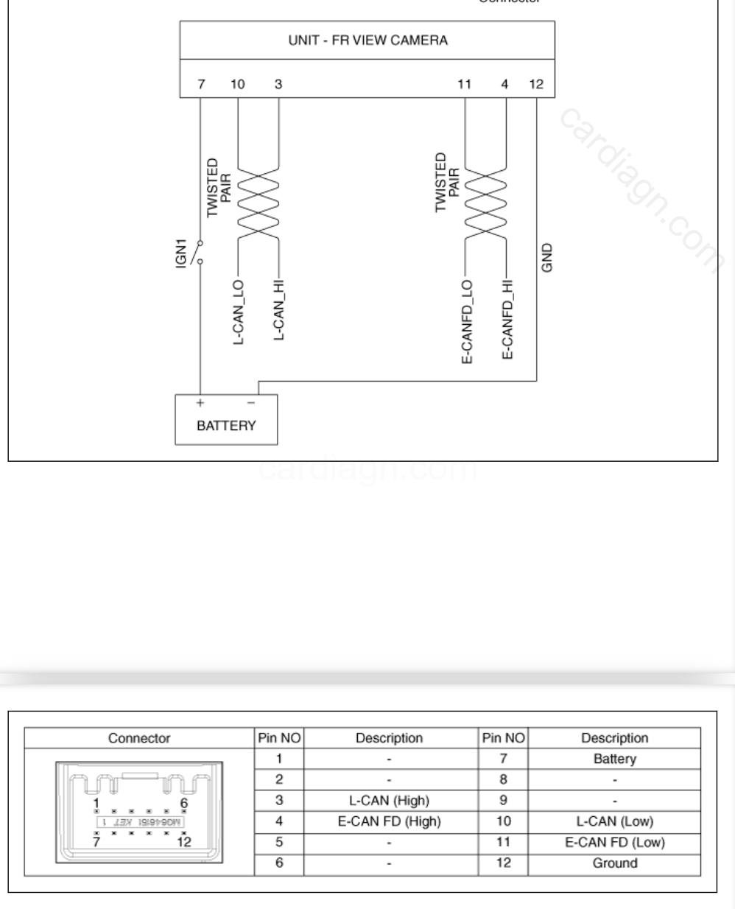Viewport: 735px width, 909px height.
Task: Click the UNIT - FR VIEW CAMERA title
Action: (x=367, y=40)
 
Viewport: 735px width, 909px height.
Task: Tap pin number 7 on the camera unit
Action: (x=202, y=84)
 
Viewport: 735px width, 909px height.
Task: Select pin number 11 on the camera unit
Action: (x=464, y=84)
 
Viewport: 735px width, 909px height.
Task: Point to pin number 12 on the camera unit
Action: (x=536, y=84)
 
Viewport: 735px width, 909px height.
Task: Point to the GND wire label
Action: (x=546, y=258)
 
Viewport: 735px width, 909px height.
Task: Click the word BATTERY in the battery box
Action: (x=226, y=426)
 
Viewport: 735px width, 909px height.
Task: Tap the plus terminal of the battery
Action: (x=199, y=403)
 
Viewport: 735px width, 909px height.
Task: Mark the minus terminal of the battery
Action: (x=250, y=403)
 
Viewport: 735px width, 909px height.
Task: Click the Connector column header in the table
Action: (x=139, y=738)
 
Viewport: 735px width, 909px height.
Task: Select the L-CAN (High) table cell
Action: (x=389, y=800)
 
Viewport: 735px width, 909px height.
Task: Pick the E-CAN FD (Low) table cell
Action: (x=614, y=842)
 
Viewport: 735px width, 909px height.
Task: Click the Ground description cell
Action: (x=614, y=863)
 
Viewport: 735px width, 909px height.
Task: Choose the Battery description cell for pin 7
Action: (x=614, y=759)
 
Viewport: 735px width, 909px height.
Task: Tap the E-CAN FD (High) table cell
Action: (x=389, y=821)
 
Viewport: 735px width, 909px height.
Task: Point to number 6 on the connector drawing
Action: (x=183, y=802)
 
